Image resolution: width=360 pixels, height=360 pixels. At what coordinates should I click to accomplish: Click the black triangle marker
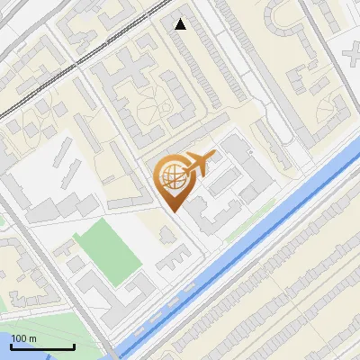pyautogui.click(x=181, y=24)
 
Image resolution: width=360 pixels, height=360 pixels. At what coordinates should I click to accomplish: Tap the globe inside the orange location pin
pyautogui.click(x=172, y=177)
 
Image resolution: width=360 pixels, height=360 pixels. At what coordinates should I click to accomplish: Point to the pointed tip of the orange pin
pyautogui.click(x=173, y=211)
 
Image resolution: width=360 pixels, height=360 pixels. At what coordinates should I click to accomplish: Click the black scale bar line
pyautogui.click(x=42, y=346)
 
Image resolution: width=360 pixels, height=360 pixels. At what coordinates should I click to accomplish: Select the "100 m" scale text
pyautogui.click(x=24, y=338)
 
